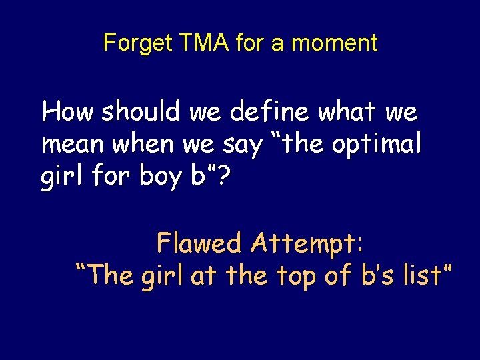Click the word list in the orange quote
click(419, 275)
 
